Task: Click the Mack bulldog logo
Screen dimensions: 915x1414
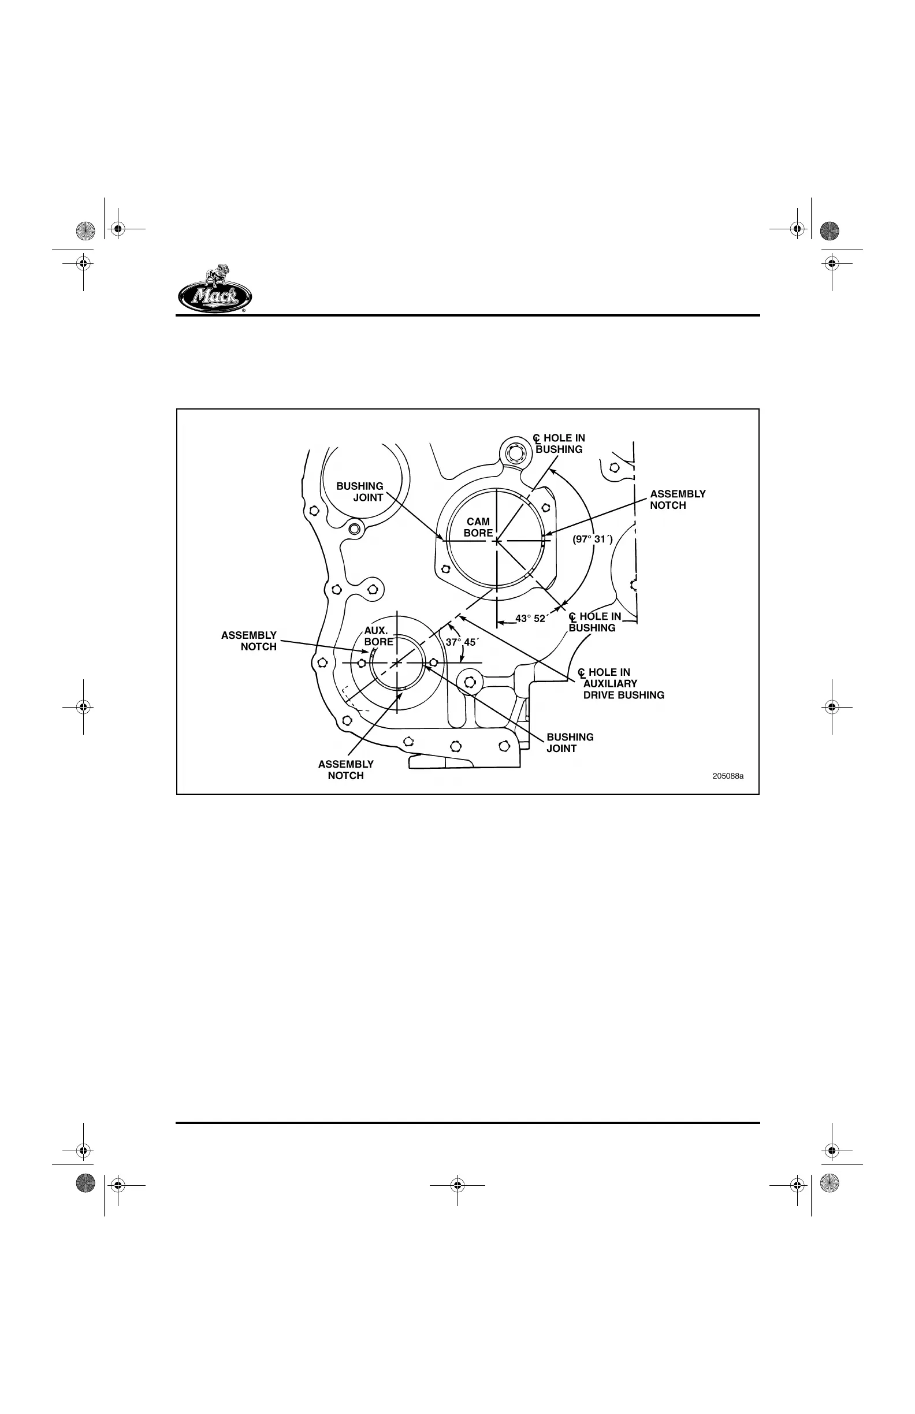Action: coord(214,289)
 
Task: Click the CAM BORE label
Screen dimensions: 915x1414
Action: coord(478,527)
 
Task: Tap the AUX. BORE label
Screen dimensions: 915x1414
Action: coord(378,637)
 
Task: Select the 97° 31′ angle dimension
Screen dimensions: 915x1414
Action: coord(592,539)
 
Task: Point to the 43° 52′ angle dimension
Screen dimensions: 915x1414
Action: coord(531,619)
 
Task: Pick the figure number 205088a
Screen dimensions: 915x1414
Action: coord(728,776)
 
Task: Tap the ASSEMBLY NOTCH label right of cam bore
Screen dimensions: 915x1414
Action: coord(678,500)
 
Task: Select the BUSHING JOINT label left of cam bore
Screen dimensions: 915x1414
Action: coord(360,492)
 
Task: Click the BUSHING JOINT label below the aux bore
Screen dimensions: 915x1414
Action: coord(570,743)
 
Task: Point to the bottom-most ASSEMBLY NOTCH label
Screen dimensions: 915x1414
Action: coord(346,770)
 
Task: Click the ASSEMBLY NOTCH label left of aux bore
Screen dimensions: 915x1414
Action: coord(249,641)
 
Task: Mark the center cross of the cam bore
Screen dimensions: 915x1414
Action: coord(497,541)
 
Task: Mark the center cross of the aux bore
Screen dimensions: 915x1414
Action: coord(396,663)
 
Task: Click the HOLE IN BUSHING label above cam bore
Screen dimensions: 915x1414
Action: coord(559,444)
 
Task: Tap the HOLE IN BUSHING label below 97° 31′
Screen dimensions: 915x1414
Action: coord(595,622)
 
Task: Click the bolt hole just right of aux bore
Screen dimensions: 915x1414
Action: coord(434,663)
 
